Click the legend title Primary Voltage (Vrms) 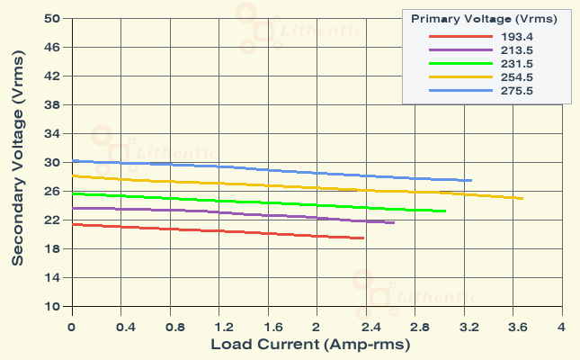click(x=484, y=18)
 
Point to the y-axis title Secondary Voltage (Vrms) click(x=18, y=163)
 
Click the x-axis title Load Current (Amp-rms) click(x=310, y=345)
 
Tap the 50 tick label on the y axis click(x=52, y=19)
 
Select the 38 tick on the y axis click(x=52, y=105)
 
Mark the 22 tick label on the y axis click(x=52, y=220)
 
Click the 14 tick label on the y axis click(x=52, y=278)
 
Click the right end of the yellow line click(x=522, y=198)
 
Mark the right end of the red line click(x=363, y=238)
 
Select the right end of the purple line click(x=394, y=222)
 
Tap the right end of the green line click(x=445, y=211)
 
